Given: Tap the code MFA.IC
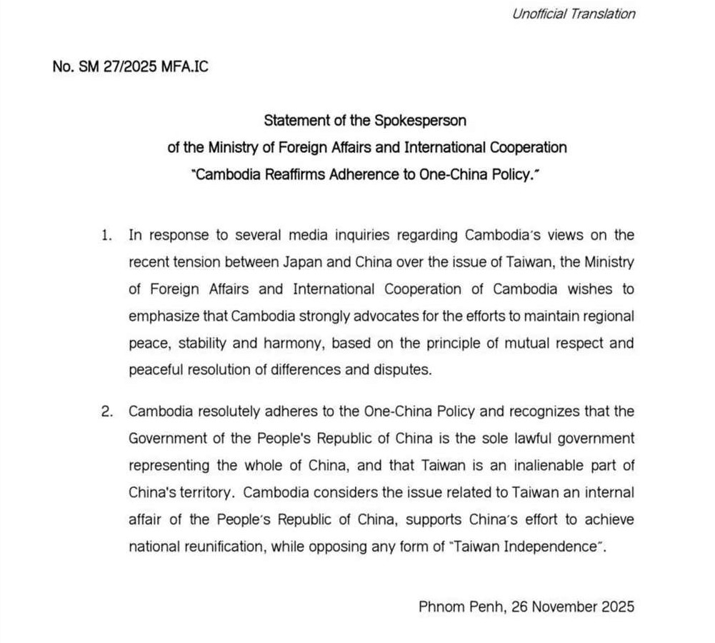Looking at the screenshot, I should (x=186, y=66).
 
